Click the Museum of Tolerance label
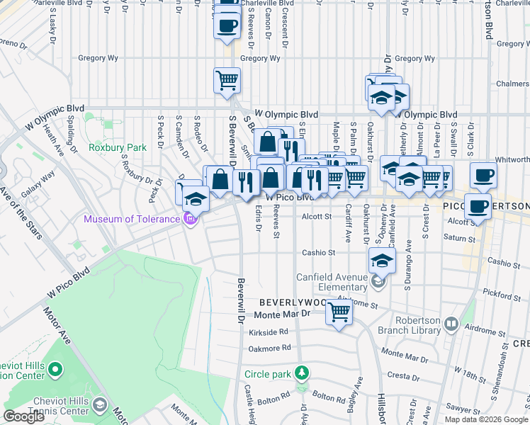[132, 219]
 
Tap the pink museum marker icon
[190, 219]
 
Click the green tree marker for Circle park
[303, 373]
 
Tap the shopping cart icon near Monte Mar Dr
[339, 311]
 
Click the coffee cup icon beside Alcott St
[478, 207]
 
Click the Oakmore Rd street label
[270, 348]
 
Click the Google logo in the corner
[23, 416]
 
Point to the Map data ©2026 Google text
[485, 419]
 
